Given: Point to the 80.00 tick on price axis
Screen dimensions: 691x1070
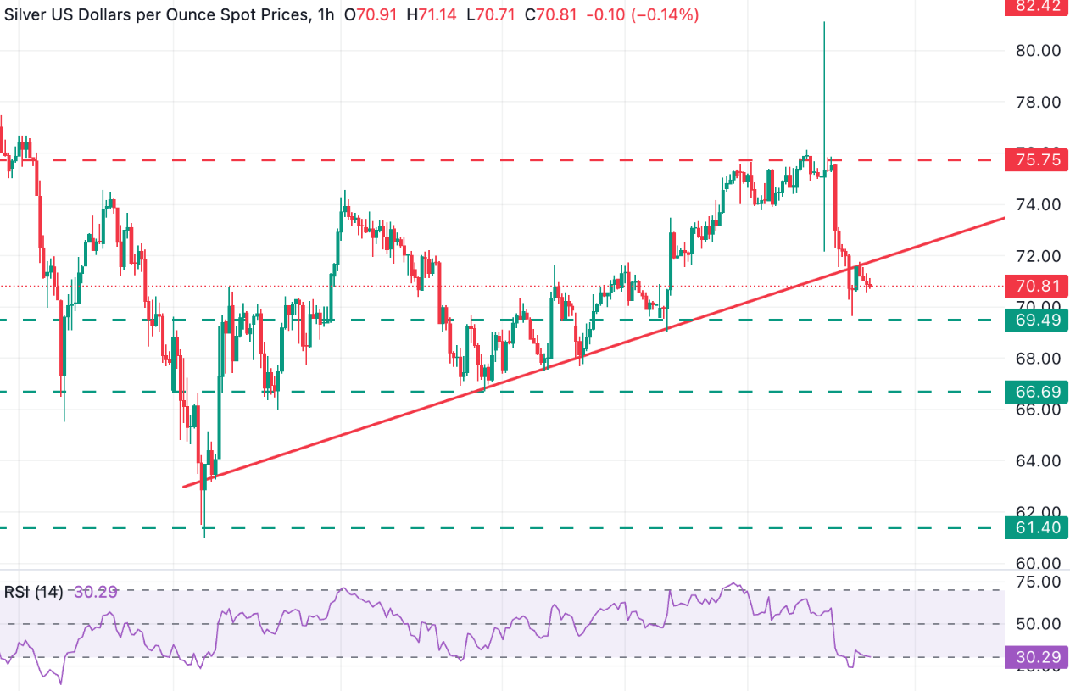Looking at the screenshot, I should [x=1037, y=50].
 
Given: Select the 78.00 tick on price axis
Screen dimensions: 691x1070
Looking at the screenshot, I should [x=1037, y=102].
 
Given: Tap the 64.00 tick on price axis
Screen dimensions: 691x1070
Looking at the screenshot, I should [x=1037, y=461].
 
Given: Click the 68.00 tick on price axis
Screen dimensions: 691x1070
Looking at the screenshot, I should [x=1037, y=359].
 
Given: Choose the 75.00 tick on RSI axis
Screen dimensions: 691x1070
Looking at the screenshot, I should [x=1037, y=582].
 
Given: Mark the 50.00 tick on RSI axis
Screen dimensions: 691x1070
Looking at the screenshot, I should [x=1037, y=624].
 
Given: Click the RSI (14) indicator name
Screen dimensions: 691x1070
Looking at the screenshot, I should [x=34, y=592].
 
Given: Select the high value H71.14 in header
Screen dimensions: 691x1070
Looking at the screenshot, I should [x=434, y=14].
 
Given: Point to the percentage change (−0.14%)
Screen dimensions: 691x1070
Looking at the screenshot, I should [x=664, y=14].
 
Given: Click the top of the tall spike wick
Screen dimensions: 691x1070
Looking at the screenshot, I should [x=824, y=23].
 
